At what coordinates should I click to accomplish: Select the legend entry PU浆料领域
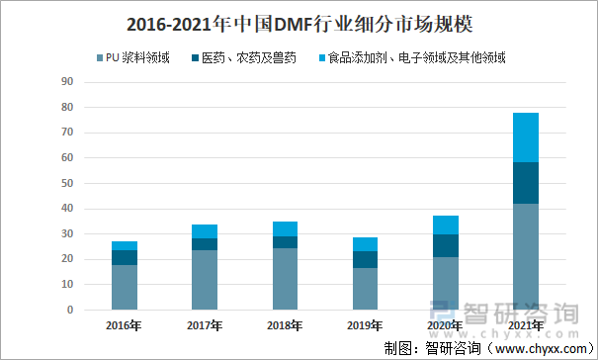pos(137,59)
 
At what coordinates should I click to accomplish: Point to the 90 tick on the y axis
pos(68,81)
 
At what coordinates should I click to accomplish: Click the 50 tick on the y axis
pos(68,183)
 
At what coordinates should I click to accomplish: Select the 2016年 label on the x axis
pos(125,325)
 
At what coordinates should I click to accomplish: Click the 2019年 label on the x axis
pos(365,325)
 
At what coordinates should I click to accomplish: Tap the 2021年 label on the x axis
pos(525,325)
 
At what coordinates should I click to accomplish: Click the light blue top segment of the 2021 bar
pos(526,137)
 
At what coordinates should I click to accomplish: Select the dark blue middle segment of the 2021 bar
pos(526,183)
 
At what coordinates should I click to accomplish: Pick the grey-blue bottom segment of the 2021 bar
pos(526,257)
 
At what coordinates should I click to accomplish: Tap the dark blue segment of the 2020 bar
pos(446,245)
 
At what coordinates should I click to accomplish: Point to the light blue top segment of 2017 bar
pos(205,231)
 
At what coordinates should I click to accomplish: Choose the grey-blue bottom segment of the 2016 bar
pos(125,287)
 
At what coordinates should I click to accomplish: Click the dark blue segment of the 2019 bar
pos(365,259)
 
